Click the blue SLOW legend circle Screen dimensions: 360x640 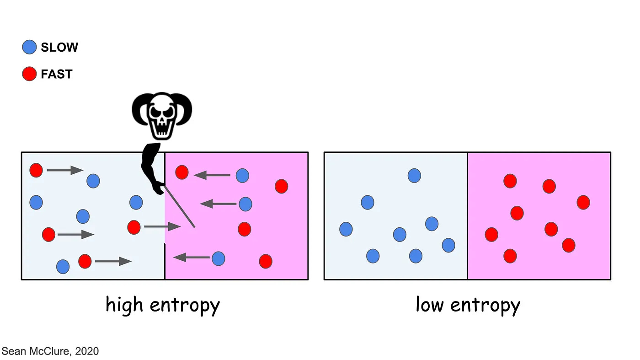pyautogui.click(x=29, y=47)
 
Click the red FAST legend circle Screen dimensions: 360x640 pyautogui.click(x=29, y=74)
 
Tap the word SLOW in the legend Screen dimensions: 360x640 pyautogui.click(x=59, y=48)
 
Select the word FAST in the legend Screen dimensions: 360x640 pyautogui.click(x=57, y=74)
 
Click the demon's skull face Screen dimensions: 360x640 pyautogui.click(x=162, y=116)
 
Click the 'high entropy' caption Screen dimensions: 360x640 pyautogui.click(x=163, y=305)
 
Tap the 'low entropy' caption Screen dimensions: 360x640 pyautogui.click(x=468, y=305)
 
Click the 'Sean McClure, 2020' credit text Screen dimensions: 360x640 pyautogui.click(x=50, y=351)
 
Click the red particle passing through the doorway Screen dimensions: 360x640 pyautogui.click(x=134, y=227)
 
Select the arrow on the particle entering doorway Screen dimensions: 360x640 pyautogui.click(x=162, y=226)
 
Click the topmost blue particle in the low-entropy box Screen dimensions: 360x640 pyautogui.click(x=414, y=175)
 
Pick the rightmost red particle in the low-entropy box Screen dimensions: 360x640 pyautogui.click(x=583, y=202)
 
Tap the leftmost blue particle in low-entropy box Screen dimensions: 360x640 pyautogui.click(x=346, y=229)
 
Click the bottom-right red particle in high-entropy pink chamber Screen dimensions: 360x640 pyautogui.click(x=266, y=261)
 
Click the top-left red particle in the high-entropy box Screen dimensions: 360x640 pyautogui.click(x=36, y=170)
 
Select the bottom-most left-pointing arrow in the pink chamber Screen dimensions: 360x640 pyautogui.click(x=192, y=257)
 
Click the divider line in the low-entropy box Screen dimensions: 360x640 pyautogui.click(x=467, y=215)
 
